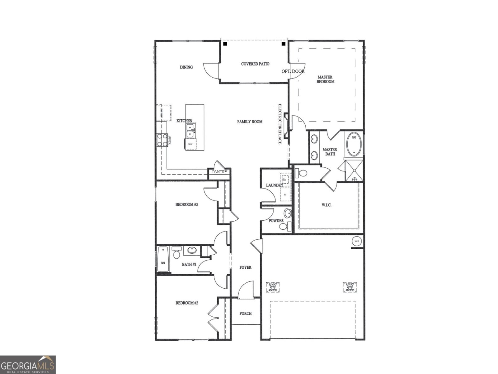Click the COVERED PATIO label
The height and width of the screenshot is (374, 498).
pyautogui.click(x=255, y=64)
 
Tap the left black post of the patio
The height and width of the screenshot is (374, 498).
pyautogui.click(x=225, y=44)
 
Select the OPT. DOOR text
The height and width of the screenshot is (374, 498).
pyautogui.click(x=293, y=71)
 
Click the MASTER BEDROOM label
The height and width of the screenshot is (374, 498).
pyautogui.click(x=325, y=79)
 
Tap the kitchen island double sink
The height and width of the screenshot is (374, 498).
pyautogui.click(x=190, y=131)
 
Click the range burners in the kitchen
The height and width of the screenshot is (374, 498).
pyautogui.click(x=162, y=140)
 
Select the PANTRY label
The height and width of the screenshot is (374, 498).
pyautogui.click(x=220, y=172)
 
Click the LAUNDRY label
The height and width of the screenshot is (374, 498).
pyautogui.click(x=275, y=185)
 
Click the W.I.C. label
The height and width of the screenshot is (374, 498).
pyautogui.click(x=326, y=205)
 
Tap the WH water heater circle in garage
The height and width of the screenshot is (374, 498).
pyautogui.click(x=357, y=241)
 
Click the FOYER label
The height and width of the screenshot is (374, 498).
pyautogui.click(x=245, y=267)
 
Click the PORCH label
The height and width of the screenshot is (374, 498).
pyautogui.click(x=245, y=314)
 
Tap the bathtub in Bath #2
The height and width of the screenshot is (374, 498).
pyautogui.click(x=163, y=259)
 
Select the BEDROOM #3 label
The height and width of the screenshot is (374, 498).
pyautogui.click(x=187, y=205)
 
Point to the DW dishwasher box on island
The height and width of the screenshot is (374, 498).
pyautogui.click(x=190, y=144)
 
